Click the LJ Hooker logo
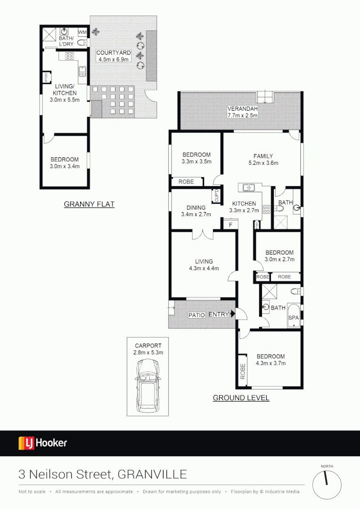tap(43, 443)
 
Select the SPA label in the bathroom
tap(294, 318)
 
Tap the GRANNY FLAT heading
tap(89, 204)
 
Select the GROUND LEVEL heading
tap(241, 398)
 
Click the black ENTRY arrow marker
tap(232, 314)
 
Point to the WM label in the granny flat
tap(82, 32)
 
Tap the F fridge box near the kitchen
tap(230, 225)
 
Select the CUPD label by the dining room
tap(217, 196)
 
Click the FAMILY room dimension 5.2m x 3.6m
tap(263, 163)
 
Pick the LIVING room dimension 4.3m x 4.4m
tap(204, 269)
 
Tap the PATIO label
tap(196, 315)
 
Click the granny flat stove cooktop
tap(69, 56)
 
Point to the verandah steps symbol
tap(264, 97)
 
